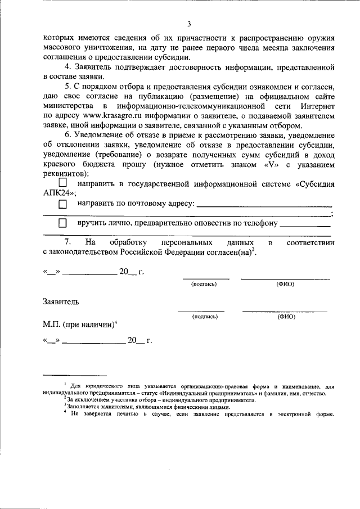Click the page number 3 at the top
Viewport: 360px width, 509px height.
[x=189, y=24]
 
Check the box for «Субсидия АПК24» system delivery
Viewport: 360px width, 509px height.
[x=63, y=183]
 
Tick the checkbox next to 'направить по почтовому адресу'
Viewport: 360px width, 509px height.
[x=63, y=204]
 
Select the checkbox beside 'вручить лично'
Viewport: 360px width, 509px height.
[x=63, y=224]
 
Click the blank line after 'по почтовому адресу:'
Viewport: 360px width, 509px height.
[x=264, y=205]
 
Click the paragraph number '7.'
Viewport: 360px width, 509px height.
[x=67, y=242]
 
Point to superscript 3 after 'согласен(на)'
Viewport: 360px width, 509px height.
[x=254, y=249]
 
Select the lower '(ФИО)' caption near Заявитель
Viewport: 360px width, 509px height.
[x=286, y=317]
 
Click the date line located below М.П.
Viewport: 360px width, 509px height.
[x=94, y=341]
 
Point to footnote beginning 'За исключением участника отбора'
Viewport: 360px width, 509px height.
[x=160, y=400]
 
